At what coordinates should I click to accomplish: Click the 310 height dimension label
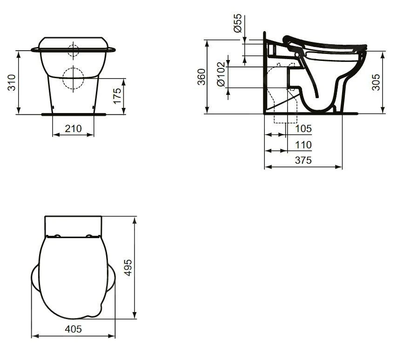[13, 82]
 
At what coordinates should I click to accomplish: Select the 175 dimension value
[118, 95]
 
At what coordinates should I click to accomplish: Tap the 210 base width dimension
[73, 128]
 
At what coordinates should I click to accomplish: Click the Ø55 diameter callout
[237, 23]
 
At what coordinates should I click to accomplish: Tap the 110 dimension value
[303, 145]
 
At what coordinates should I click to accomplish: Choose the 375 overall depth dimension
[303, 160]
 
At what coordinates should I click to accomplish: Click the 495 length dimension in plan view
[128, 268]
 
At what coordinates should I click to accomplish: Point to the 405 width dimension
[73, 329]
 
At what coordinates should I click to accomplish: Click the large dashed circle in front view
[72, 78]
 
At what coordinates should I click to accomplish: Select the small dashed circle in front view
[73, 50]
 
